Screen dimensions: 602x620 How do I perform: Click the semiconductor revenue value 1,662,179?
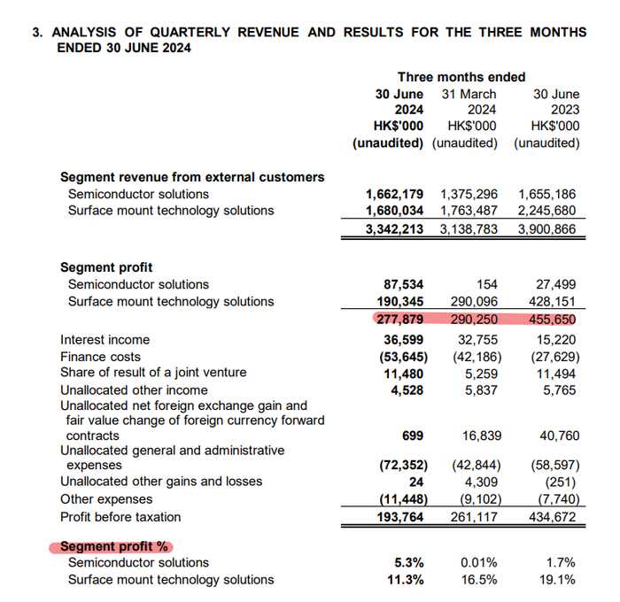click(x=394, y=194)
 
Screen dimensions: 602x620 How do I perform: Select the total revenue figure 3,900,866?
click(x=547, y=228)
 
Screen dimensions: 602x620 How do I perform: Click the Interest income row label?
click(x=105, y=339)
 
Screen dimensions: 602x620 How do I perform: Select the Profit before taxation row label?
click(x=120, y=516)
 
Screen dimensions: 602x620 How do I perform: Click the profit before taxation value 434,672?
click(x=552, y=516)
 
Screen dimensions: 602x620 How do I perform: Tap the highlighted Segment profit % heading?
click(x=114, y=546)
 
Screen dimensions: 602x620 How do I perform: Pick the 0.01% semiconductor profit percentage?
click(x=478, y=563)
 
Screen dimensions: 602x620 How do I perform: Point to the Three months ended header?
click(x=461, y=77)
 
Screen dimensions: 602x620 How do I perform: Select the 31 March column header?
click(x=469, y=94)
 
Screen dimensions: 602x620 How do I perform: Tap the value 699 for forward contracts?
click(x=412, y=436)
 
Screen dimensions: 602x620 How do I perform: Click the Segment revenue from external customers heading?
click(x=191, y=177)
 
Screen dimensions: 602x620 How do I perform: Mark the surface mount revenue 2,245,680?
click(x=547, y=211)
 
